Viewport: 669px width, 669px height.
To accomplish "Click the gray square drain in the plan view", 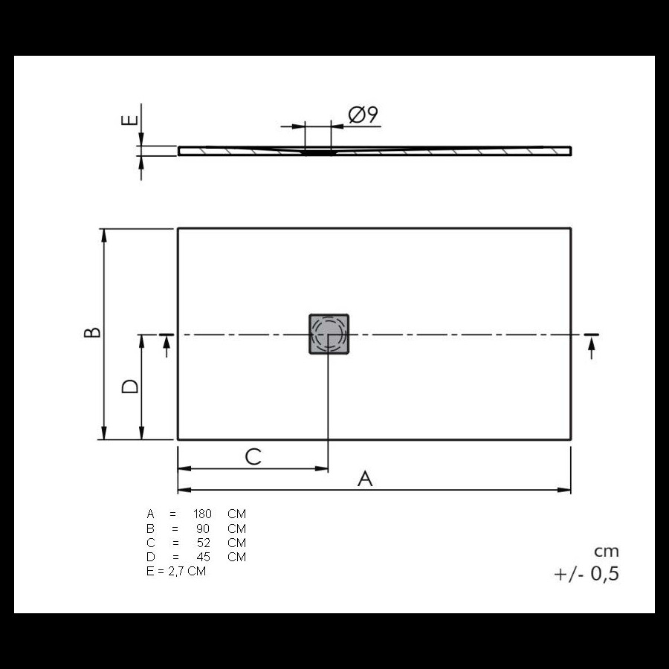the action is coord(329,334).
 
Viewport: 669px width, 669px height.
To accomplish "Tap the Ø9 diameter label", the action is coord(363,114).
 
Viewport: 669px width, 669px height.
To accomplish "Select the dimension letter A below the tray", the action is coord(365,479).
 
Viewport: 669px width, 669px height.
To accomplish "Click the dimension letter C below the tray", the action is coord(253,457).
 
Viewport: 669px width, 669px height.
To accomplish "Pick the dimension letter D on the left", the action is coord(130,386).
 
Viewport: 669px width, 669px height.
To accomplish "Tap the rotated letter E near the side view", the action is coord(129,120).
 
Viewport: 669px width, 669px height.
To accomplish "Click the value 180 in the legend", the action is coord(202,514).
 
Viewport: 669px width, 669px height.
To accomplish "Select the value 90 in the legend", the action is coord(203,529).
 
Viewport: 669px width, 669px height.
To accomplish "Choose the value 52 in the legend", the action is coord(204,543).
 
